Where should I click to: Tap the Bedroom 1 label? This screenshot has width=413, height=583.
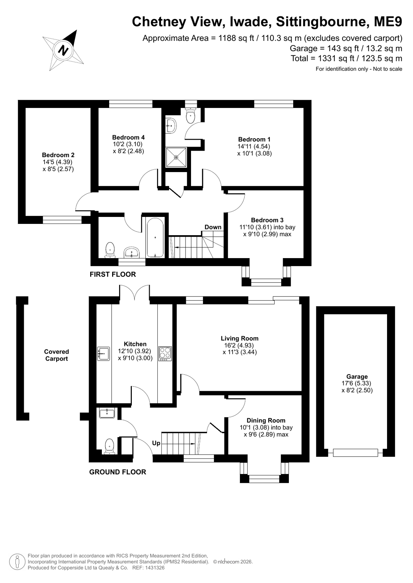pyautogui.click(x=254, y=139)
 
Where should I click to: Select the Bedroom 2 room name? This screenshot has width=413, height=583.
pyautogui.click(x=58, y=155)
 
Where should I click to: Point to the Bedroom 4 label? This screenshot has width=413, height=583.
pyautogui.click(x=128, y=137)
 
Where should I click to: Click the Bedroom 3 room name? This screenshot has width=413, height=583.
pyautogui.click(x=267, y=220)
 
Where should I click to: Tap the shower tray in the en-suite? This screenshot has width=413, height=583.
pyautogui.click(x=176, y=157)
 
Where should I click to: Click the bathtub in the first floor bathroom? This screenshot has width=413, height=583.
pyautogui.click(x=155, y=238)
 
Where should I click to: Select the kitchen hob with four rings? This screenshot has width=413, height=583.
pyautogui.click(x=165, y=353)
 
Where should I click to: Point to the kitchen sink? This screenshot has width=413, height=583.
pyautogui.click(x=103, y=353)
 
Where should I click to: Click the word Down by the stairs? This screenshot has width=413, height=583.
pyautogui.click(x=213, y=227)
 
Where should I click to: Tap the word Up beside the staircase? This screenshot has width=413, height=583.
pyautogui.click(x=156, y=443)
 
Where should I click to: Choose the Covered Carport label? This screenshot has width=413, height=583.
pyautogui.click(x=57, y=355)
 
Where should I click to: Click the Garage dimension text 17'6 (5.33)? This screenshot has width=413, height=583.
pyautogui.click(x=356, y=383)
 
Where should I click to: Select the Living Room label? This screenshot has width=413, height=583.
pyautogui.click(x=240, y=338)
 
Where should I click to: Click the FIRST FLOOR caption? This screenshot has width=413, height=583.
pyautogui.click(x=112, y=274)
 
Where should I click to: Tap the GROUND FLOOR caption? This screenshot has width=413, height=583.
pyautogui.click(x=118, y=472)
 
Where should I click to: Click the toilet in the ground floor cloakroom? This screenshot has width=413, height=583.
pyautogui.click(x=110, y=447)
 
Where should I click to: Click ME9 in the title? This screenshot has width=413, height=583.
pyautogui.click(x=388, y=22)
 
